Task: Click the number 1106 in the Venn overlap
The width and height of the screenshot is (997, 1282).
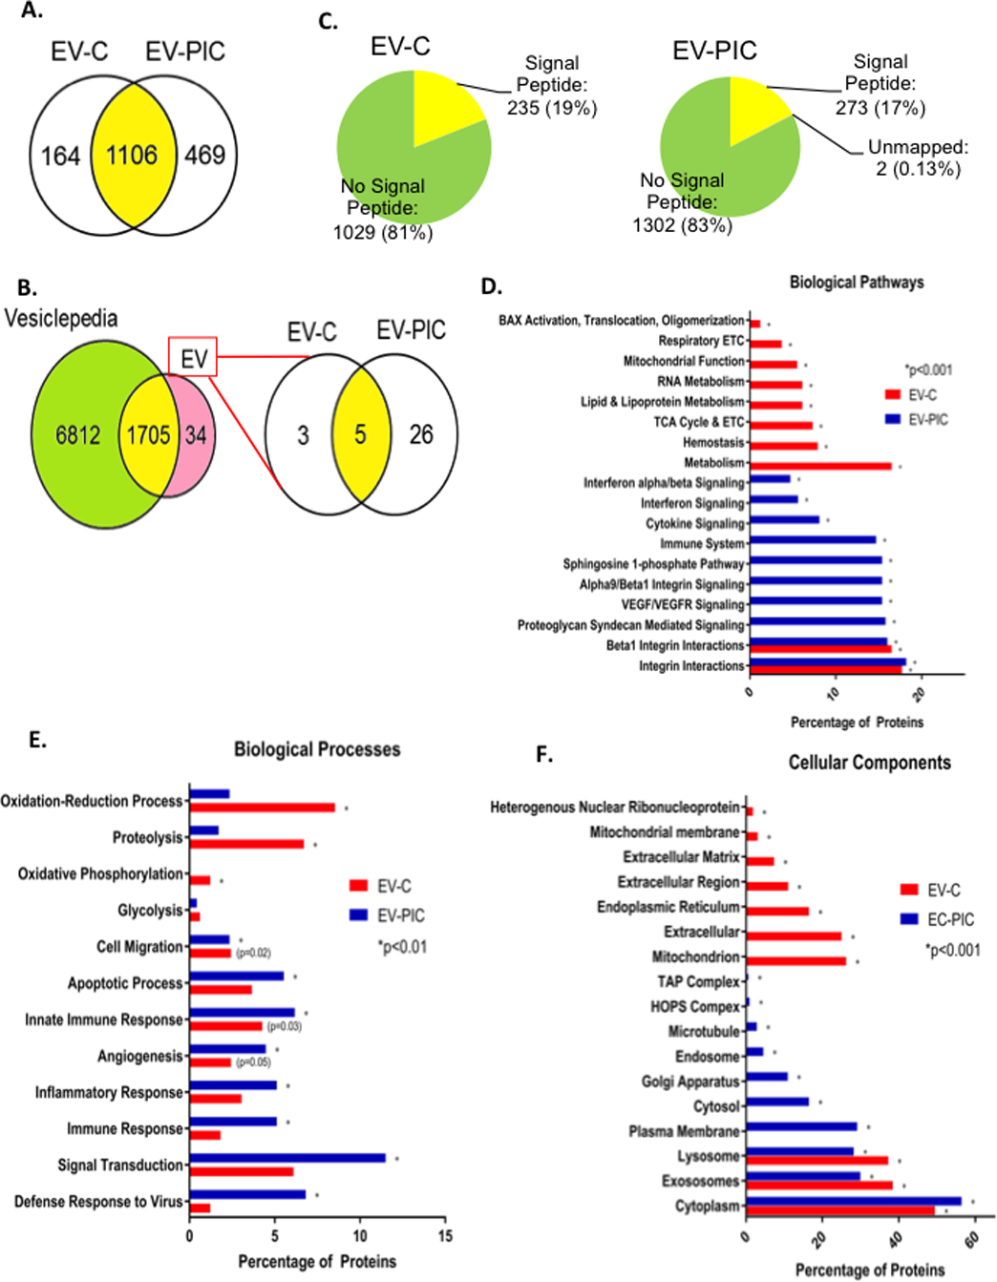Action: click(x=132, y=155)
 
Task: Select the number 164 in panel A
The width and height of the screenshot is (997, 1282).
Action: click(x=60, y=156)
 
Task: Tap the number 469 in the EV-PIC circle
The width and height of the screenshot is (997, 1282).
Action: click(x=204, y=155)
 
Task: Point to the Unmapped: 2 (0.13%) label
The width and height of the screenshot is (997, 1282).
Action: click(x=918, y=158)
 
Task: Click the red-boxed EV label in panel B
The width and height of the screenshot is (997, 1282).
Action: click(x=193, y=358)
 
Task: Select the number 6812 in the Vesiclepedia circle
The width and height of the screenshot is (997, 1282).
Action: click(x=78, y=435)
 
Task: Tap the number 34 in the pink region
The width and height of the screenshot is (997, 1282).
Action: click(x=196, y=435)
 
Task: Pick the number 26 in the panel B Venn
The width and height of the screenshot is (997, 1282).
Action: click(x=421, y=434)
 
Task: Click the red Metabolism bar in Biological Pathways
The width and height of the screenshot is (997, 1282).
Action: click(x=821, y=466)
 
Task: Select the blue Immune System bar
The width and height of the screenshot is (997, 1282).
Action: click(x=813, y=540)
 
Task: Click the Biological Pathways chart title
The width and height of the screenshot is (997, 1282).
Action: click(x=857, y=283)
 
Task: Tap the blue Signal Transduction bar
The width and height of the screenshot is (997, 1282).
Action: click(x=287, y=1158)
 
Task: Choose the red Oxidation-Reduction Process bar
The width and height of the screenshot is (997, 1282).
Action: click(x=263, y=808)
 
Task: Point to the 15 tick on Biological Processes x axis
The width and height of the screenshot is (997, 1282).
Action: click(x=445, y=1235)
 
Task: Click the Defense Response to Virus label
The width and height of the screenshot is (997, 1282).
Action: click(x=98, y=1201)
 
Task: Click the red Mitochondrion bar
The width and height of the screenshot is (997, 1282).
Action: click(x=795, y=960)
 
